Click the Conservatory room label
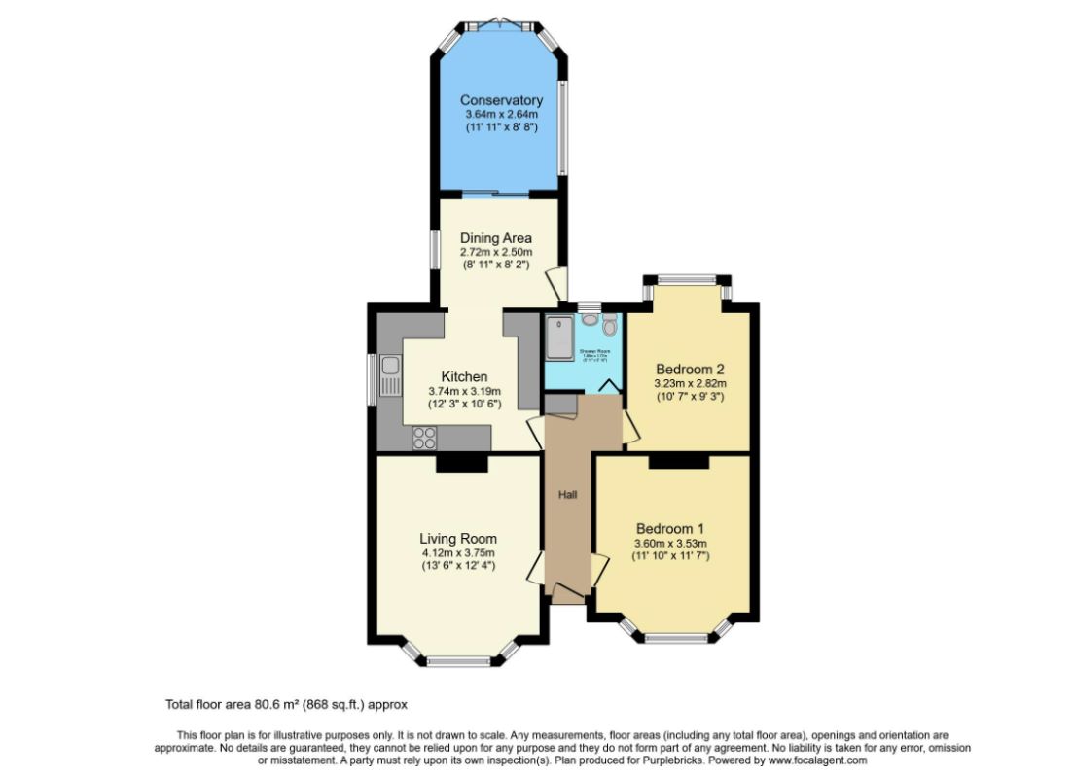pos(500,100)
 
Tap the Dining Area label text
pos(496,238)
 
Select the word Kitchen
pos(464,377)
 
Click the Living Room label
pos(458,539)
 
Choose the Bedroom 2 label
pos(690,370)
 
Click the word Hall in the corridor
pos(567,495)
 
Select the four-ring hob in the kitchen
pos(424,438)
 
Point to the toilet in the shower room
pos(609,325)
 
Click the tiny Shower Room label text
pos(594,351)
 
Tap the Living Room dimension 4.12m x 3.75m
pos(458,552)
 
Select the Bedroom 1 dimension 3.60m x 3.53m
pos(670,543)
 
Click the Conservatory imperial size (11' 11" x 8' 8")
pos(500,127)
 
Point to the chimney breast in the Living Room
pos(461,464)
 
